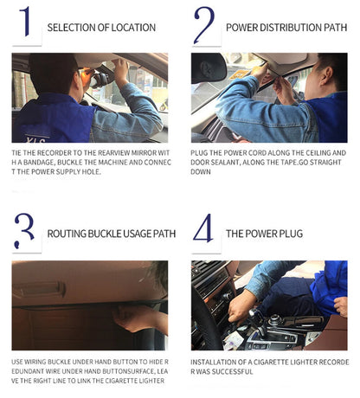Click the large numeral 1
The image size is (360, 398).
[26, 22]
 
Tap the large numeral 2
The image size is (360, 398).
[204, 25]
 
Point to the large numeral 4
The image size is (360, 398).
[203, 228]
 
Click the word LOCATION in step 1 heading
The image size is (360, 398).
[133, 28]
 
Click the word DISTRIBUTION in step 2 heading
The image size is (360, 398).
[290, 28]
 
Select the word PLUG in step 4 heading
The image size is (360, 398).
[290, 234]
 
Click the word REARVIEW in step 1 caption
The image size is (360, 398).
[113, 153]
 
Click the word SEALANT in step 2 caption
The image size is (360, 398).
[225, 163]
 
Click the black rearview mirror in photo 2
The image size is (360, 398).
[209, 68]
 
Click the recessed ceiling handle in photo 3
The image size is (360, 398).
[40, 290]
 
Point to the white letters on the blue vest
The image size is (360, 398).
[35, 140]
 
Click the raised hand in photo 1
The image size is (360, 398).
[120, 71]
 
